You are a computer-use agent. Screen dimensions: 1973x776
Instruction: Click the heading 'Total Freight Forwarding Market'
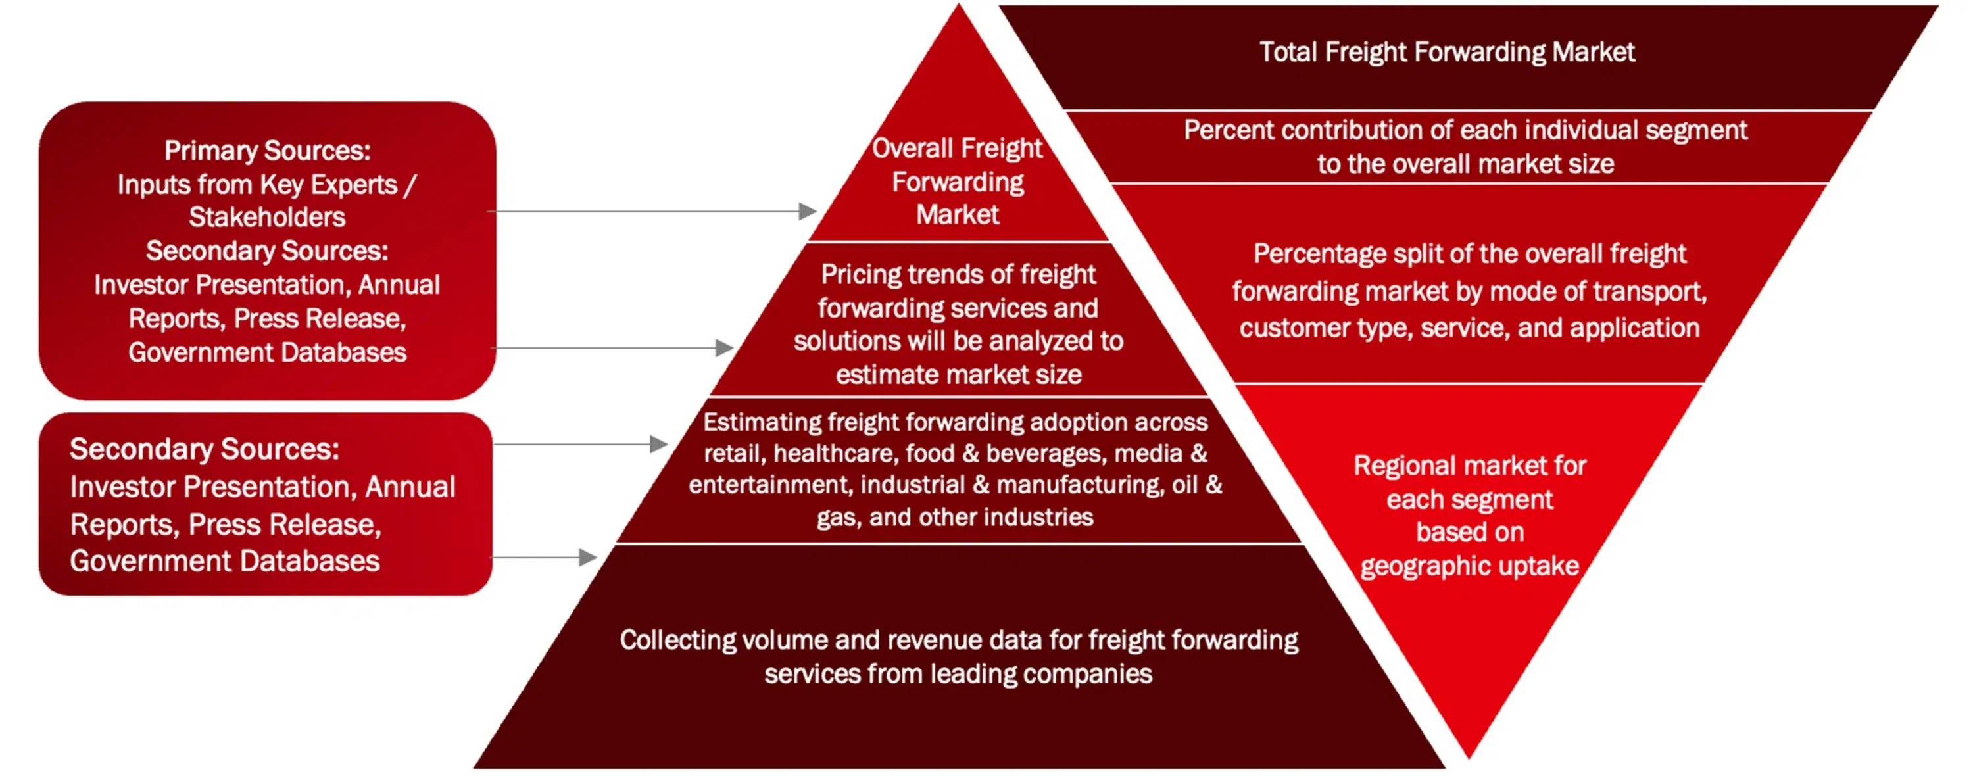pyautogui.click(x=1447, y=52)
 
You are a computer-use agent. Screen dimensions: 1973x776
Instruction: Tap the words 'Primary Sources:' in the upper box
pyautogui.click(x=267, y=151)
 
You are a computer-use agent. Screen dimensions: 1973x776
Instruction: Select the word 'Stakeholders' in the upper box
pyautogui.click(x=267, y=218)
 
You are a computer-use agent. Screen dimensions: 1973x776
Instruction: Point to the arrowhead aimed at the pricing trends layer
pyautogui.click(x=725, y=348)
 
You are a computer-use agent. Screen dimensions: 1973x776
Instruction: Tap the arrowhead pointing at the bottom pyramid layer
pyautogui.click(x=587, y=557)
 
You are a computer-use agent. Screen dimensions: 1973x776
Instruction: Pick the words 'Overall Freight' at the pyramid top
pyautogui.click(x=957, y=149)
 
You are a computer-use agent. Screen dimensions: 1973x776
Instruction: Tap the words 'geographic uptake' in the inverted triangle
pyautogui.click(x=1470, y=566)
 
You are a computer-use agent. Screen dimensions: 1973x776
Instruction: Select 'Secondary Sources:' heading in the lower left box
pyautogui.click(x=205, y=449)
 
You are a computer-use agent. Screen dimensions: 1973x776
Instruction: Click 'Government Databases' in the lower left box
pyautogui.click(x=224, y=562)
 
